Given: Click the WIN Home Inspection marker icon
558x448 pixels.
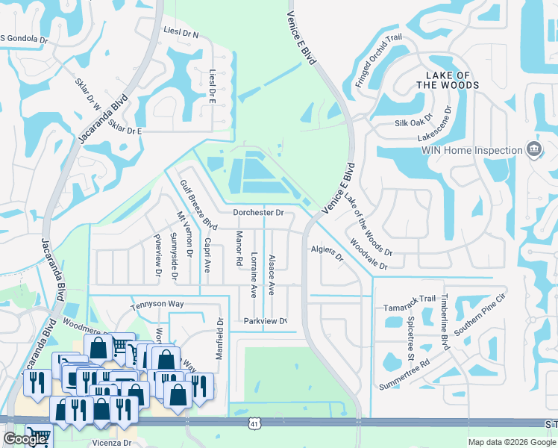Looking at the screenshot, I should [533, 150].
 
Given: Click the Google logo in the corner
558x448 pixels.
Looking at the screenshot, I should [25, 439].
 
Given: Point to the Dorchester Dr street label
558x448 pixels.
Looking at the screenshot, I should [258, 213].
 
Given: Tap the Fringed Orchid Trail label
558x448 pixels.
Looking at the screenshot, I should [378, 60].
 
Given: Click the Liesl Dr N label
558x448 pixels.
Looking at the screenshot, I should [180, 34].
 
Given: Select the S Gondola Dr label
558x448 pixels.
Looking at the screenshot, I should [23, 39].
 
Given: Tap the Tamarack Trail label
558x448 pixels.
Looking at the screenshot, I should [407, 299].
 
